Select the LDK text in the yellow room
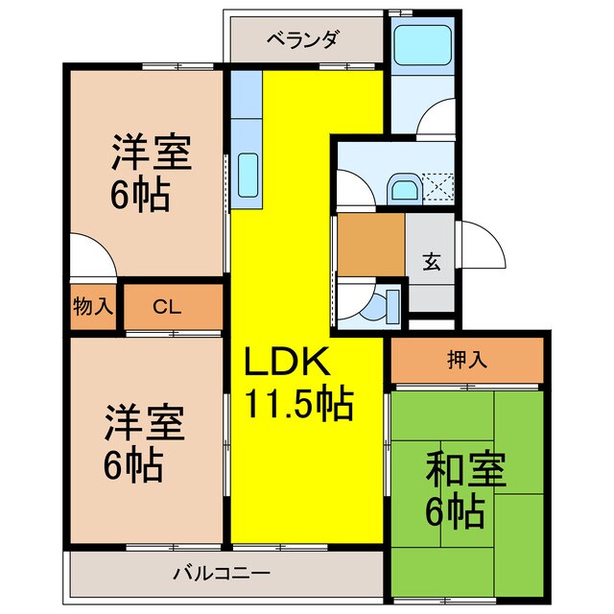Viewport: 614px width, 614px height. (286, 364)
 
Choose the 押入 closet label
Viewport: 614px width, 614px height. (468, 362)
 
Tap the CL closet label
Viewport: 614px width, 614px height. (167, 308)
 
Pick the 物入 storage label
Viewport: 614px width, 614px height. (92, 308)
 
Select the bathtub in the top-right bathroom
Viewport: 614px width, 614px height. (422, 43)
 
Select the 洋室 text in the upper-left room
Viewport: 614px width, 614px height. (151, 153)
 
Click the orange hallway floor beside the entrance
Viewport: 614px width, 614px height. (370, 244)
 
